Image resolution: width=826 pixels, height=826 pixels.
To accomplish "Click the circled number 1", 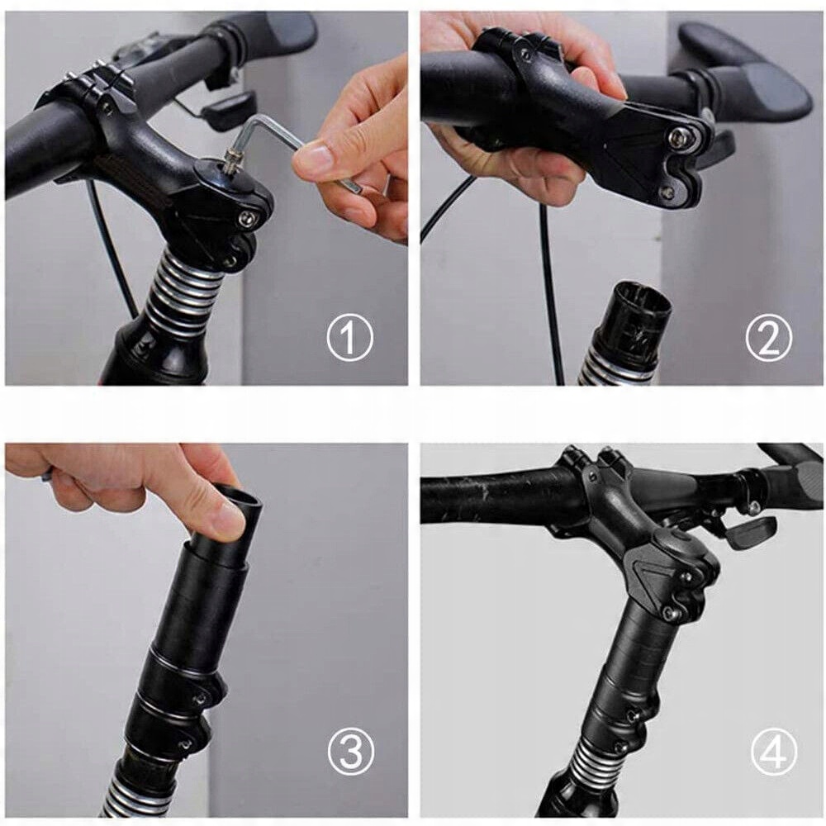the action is pyautogui.click(x=349, y=338).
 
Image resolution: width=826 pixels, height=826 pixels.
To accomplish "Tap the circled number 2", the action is pyautogui.click(x=768, y=338).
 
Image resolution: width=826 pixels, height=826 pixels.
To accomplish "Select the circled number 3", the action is pyautogui.click(x=351, y=751).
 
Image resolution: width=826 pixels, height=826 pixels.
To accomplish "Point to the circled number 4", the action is pyautogui.click(x=773, y=751).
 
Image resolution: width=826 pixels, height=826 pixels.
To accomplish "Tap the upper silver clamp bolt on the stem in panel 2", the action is pyautogui.click(x=676, y=138).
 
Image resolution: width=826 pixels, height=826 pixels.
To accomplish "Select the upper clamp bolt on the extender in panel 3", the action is pyautogui.click(x=201, y=699).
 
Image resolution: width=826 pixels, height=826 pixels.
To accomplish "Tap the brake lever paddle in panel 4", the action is pyautogui.click(x=750, y=531).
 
